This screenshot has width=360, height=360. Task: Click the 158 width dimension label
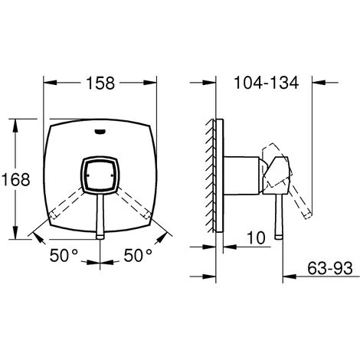pyautogui.click(x=100, y=83)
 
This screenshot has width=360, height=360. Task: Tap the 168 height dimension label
pyautogui.click(x=15, y=179)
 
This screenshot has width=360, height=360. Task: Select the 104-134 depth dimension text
pyautogui.click(x=266, y=83)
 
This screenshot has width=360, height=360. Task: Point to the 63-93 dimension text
pyautogui.click(x=330, y=268)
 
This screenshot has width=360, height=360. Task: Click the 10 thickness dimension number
pyautogui.click(x=257, y=238)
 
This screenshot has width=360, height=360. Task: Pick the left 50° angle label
pyautogui.click(x=64, y=255)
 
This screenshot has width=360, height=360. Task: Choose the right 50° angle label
pyautogui.click(x=138, y=255)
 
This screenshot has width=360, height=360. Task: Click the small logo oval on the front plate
pyautogui.click(x=100, y=132)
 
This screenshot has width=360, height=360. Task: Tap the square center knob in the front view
pyautogui.click(x=100, y=176)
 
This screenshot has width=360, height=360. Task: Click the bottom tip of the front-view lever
pyautogui.click(x=100, y=238)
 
